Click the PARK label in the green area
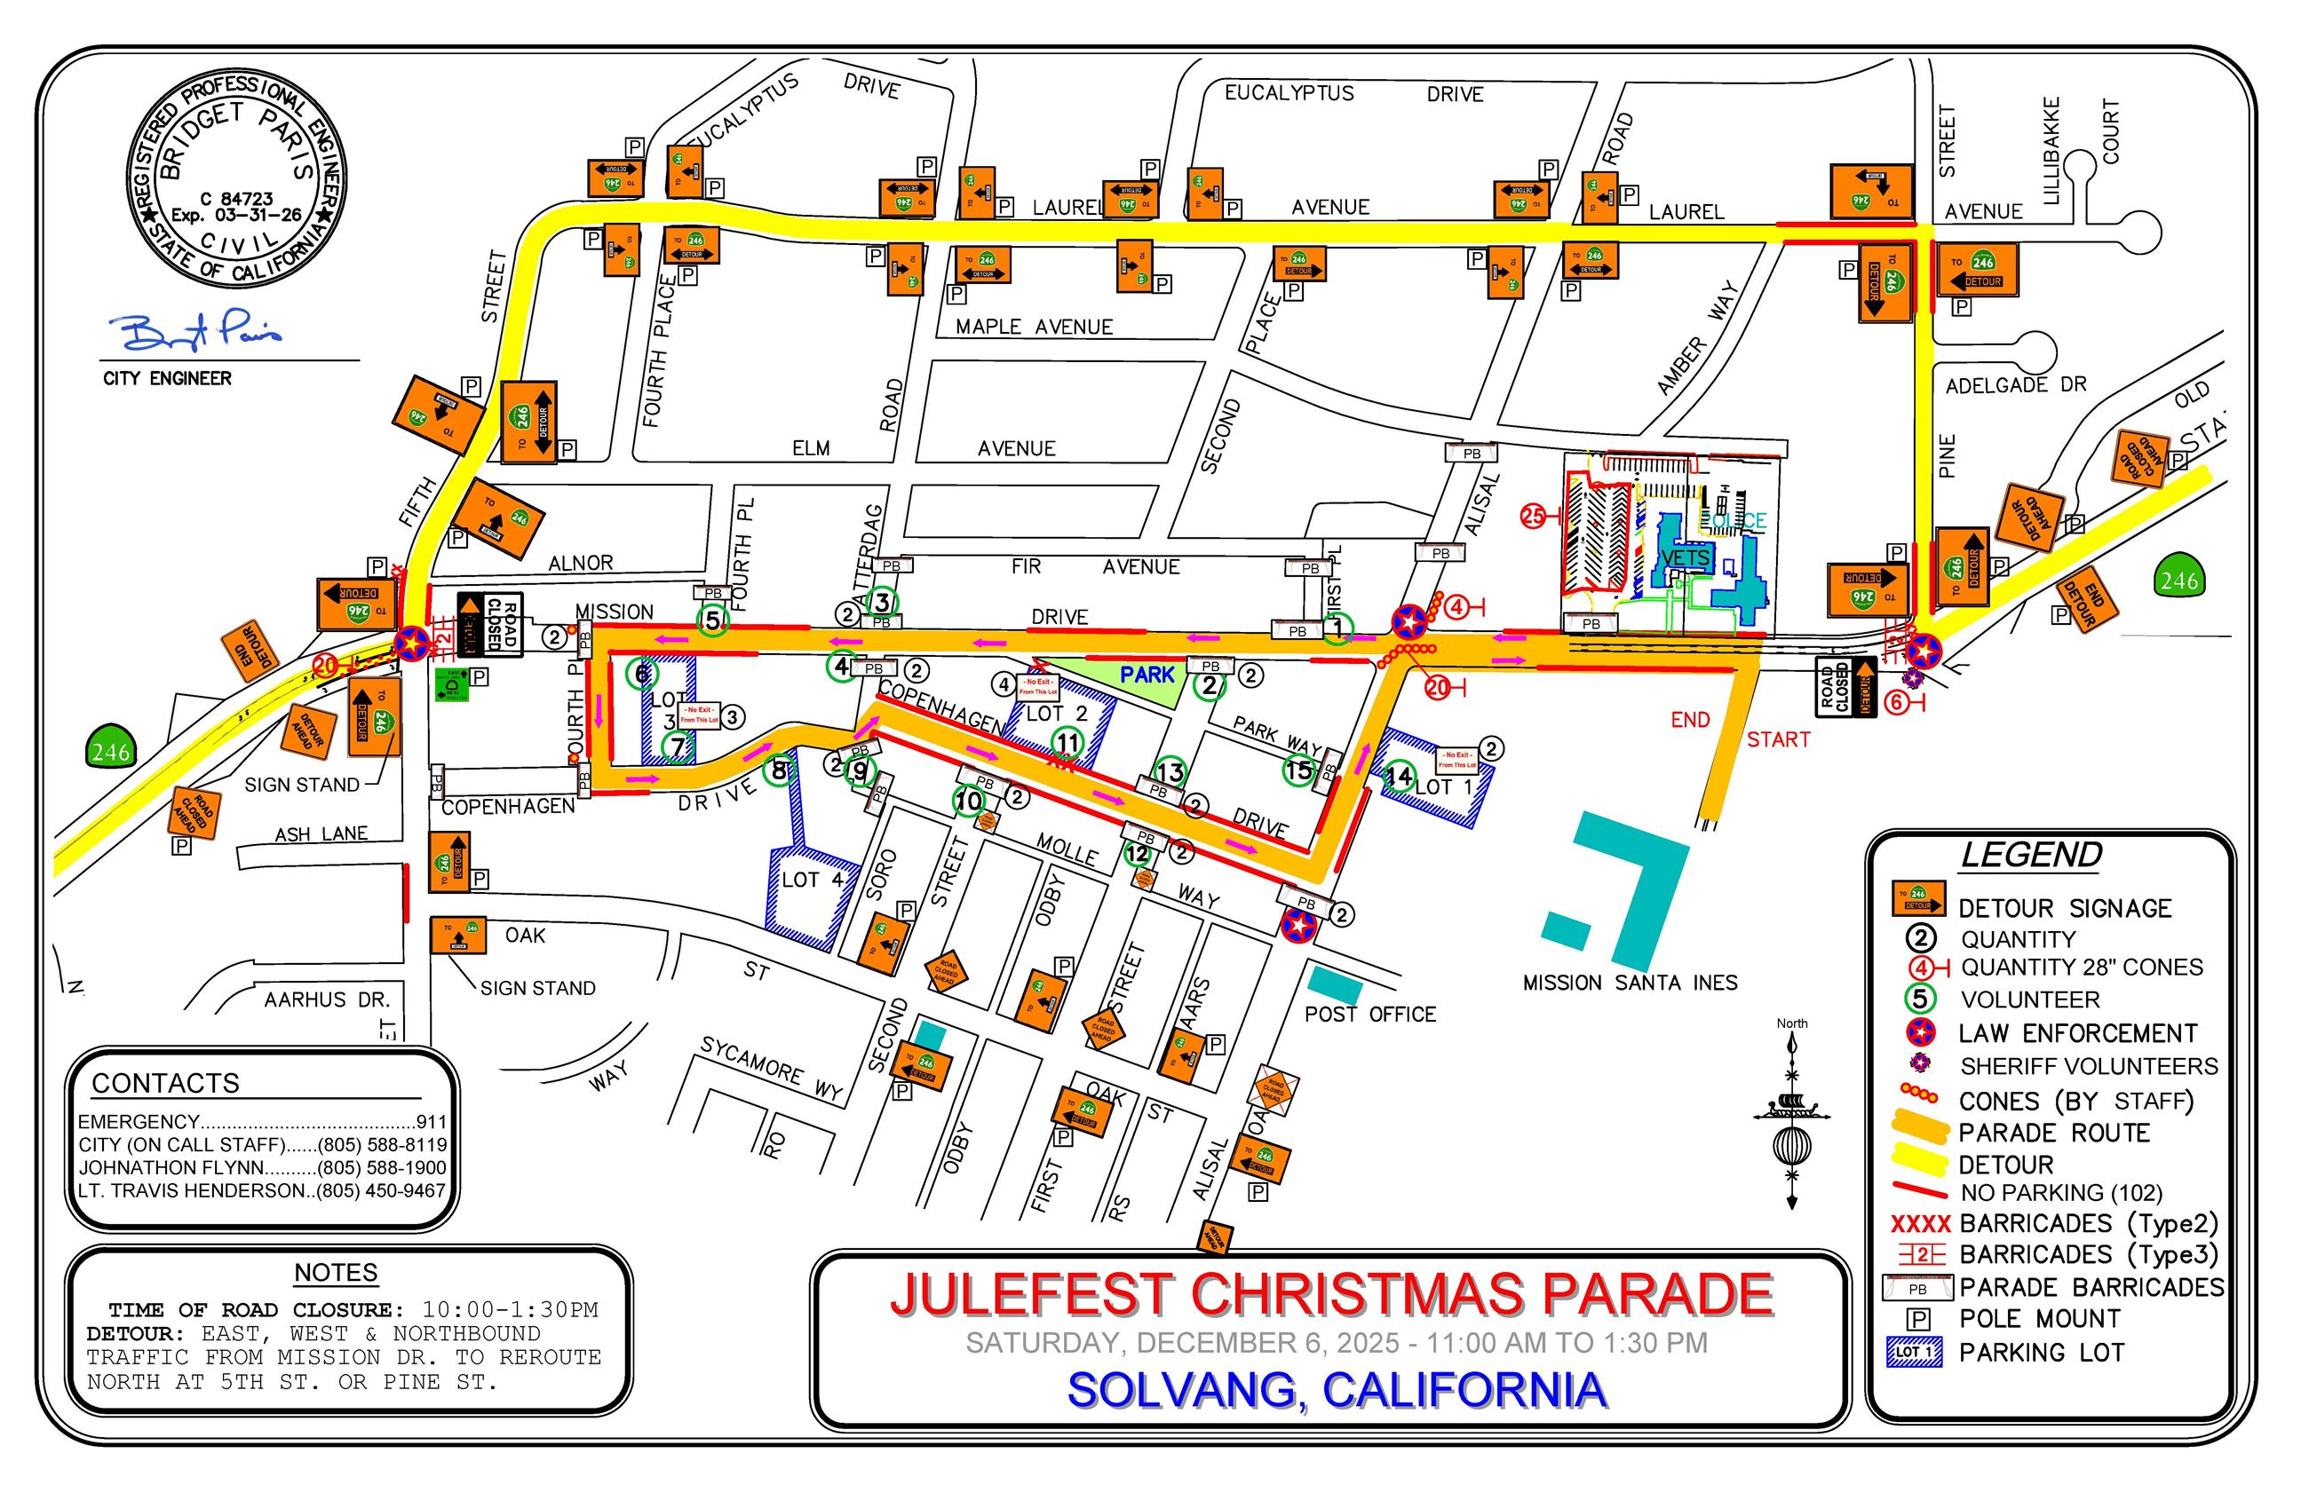tap(1147, 674)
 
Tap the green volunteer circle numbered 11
tap(1067, 743)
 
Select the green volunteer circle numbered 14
tap(1398, 776)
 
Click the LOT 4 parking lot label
tap(812, 880)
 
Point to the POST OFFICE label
tap(1369, 1014)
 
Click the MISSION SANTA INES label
tap(1630, 982)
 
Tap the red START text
tap(1778, 739)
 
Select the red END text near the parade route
tap(1689, 719)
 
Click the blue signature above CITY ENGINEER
tap(200, 333)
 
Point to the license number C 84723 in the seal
tap(235, 199)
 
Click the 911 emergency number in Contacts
tap(431, 1122)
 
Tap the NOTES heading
tap(336, 1272)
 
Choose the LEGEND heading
tap(2030, 855)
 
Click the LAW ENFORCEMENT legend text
tap(2076, 1033)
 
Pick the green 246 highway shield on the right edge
tap(2178, 580)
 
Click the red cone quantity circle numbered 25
tap(1532, 517)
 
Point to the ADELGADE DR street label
tap(2015, 385)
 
